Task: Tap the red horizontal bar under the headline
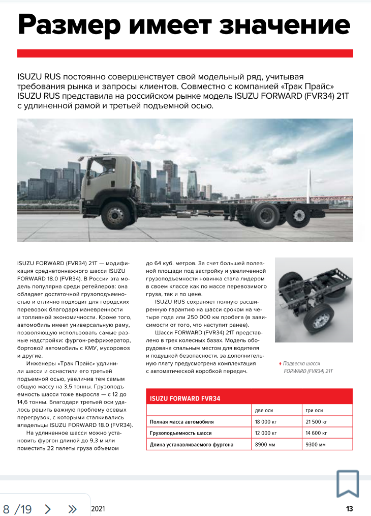(185, 53)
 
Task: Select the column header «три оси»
(314, 410)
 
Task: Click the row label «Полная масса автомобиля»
(181, 422)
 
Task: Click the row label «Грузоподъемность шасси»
(180, 433)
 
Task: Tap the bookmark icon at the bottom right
(348, 483)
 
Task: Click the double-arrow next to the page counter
(72, 509)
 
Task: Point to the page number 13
(349, 509)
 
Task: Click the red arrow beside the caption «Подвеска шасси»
(280, 364)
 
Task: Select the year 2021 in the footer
(98, 509)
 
